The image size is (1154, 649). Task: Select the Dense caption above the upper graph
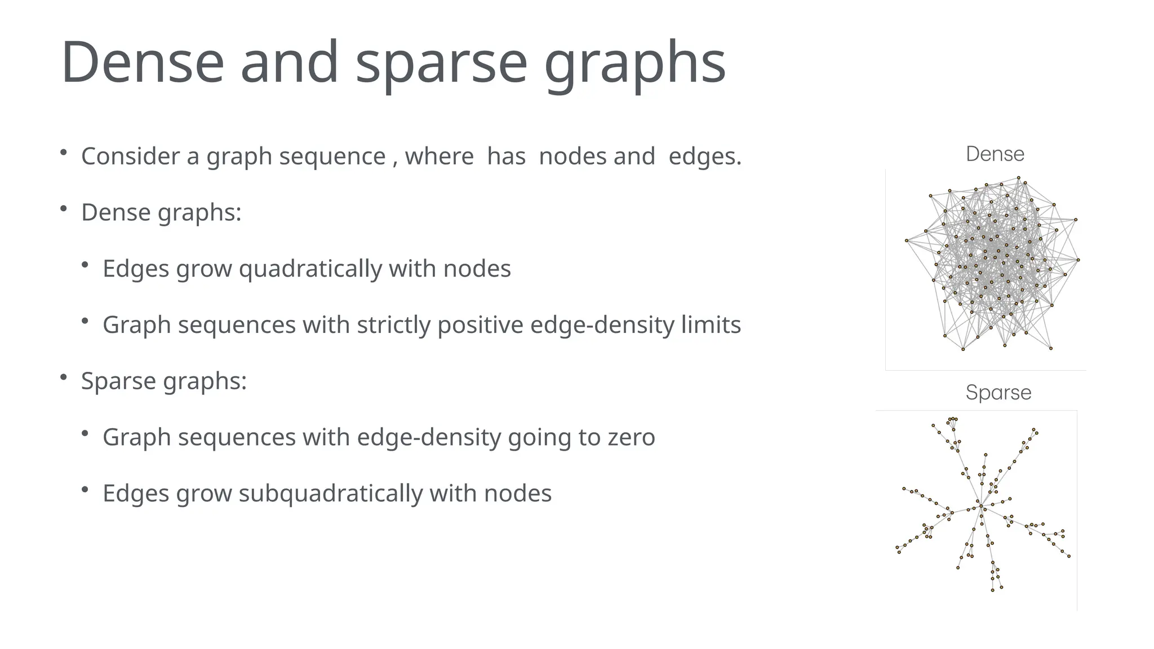(995, 154)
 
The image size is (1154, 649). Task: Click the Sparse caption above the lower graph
(998, 392)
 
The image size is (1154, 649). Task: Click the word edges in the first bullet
(704, 156)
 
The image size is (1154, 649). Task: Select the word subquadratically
(330, 494)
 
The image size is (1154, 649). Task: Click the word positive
(480, 325)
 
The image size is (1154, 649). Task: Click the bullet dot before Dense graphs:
(64, 209)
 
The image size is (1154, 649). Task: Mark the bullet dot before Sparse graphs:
(64, 377)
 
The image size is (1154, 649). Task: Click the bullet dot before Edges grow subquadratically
(85, 490)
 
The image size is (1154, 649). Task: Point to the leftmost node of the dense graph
(907, 241)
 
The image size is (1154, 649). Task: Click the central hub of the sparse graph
(980, 505)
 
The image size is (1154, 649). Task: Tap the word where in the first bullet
(439, 156)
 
